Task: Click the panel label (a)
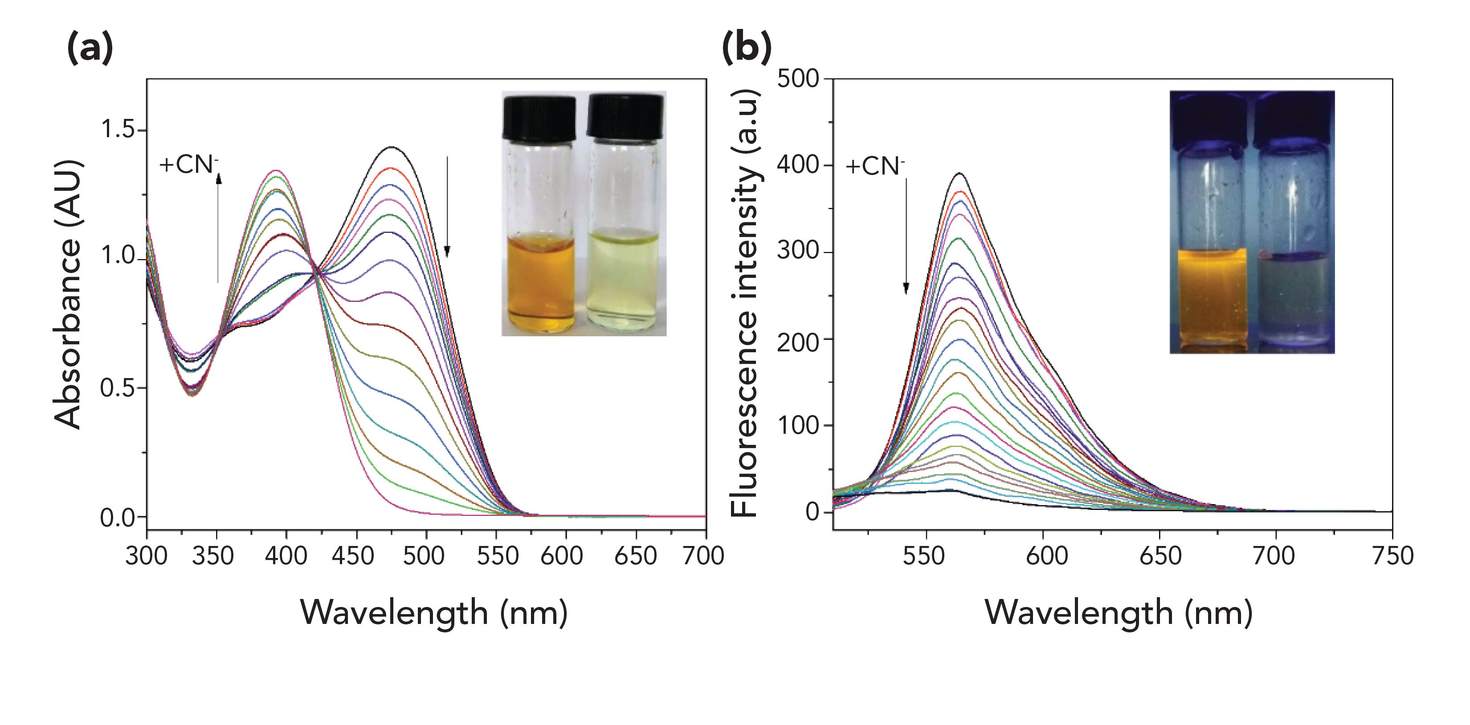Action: point(90,49)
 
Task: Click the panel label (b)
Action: point(747,49)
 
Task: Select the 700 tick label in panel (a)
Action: point(704,555)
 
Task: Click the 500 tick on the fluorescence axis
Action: point(798,79)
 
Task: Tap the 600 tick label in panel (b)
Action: point(1046,555)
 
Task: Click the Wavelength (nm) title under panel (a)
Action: point(434,613)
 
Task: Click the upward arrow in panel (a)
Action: point(218,228)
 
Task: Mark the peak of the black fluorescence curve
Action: point(960,173)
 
